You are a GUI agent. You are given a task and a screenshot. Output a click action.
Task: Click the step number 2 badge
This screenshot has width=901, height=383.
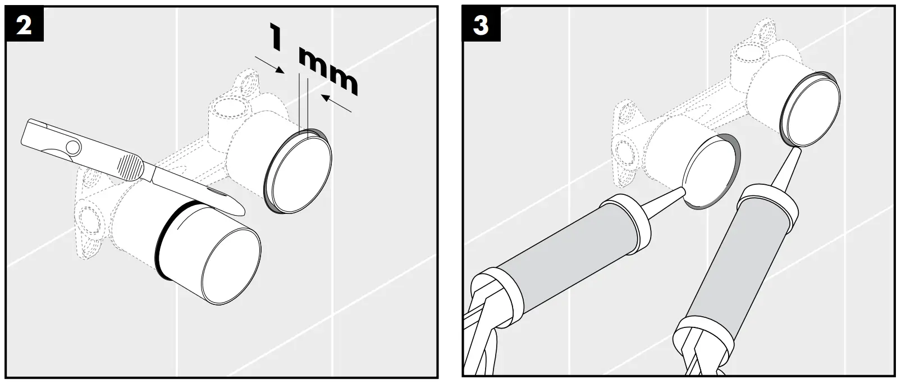24,27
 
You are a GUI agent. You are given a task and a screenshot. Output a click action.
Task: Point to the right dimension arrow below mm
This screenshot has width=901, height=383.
337,103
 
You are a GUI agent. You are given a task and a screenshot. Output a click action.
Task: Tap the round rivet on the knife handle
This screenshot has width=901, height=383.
71,148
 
